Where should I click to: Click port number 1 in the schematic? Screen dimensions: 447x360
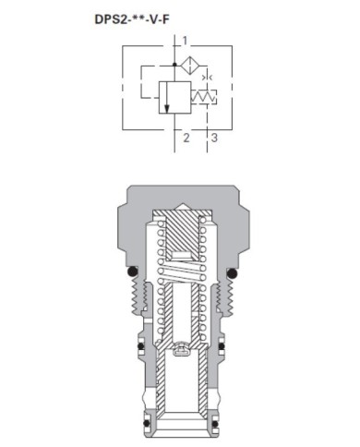pyautogui.click(x=186, y=40)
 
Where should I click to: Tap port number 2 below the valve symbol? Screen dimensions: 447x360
pyautogui.click(x=186, y=138)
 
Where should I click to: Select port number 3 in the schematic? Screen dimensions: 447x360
pyautogui.click(x=214, y=138)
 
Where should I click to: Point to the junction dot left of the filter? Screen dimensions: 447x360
pyautogui.click(x=175, y=66)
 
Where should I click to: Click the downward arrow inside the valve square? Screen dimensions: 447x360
pyautogui.click(x=168, y=99)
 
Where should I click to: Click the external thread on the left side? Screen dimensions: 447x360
pyautogui.click(x=139, y=297)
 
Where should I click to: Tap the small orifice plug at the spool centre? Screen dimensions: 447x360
pyautogui.click(x=181, y=350)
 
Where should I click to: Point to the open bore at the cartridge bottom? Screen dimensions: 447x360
pyautogui.click(x=181, y=420)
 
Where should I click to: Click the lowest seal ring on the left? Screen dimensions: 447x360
pyautogui.click(x=139, y=401)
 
